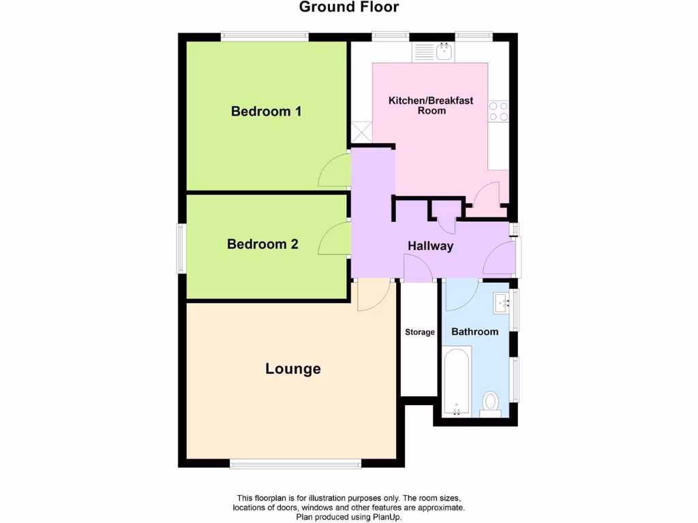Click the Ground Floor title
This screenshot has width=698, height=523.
pyautogui.click(x=349, y=7)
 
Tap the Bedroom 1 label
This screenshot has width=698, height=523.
pyautogui.click(x=266, y=111)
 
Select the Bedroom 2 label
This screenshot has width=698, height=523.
pyautogui.click(x=262, y=244)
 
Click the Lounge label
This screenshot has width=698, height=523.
pyautogui.click(x=293, y=369)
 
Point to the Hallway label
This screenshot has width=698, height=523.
pyautogui.click(x=430, y=246)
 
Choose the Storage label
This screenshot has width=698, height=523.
pyautogui.click(x=419, y=332)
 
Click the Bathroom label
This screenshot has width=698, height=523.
pyautogui.click(x=475, y=332)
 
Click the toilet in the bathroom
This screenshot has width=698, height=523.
pyautogui.click(x=490, y=402)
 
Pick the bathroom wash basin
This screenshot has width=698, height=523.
pyautogui.click(x=503, y=302)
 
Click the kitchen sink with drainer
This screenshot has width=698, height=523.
pyautogui.click(x=434, y=51)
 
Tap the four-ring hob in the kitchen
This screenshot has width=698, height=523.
pyautogui.click(x=498, y=111)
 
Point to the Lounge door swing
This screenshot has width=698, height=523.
pyautogui.click(x=372, y=294)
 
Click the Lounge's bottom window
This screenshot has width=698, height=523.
pyautogui.click(x=295, y=464)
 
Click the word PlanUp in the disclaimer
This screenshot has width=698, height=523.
pyautogui.click(x=386, y=517)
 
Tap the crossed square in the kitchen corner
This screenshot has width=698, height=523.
pyautogui.click(x=361, y=131)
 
